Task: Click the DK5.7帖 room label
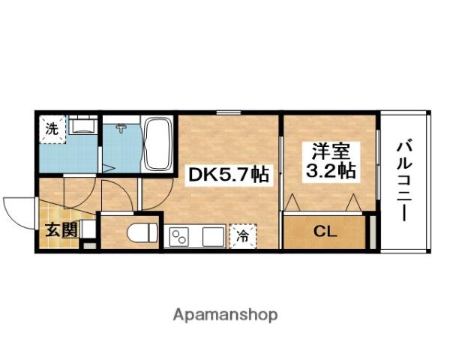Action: (228, 175)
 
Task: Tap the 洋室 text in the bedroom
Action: (330, 150)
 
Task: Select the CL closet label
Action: (325, 231)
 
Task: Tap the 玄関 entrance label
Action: (58, 229)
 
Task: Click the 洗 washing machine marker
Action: (52, 127)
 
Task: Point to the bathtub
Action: (157, 143)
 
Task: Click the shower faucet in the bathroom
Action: (119, 128)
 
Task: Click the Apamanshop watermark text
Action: (226, 314)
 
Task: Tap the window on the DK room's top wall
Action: (229, 113)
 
